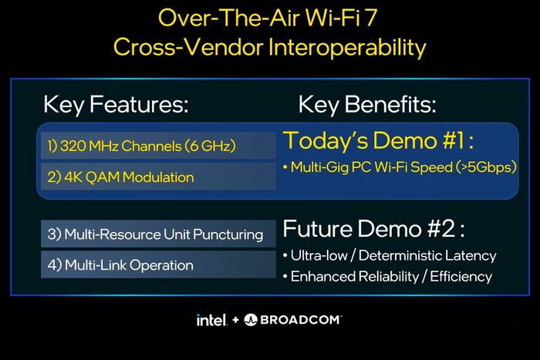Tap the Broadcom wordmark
[x=301, y=319]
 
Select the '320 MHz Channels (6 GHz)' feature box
[x=157, y=145]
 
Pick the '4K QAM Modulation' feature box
[x=157, y=177]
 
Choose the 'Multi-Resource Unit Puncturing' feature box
[x=157, y=234]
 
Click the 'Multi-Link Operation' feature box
[x=157, y=265]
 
